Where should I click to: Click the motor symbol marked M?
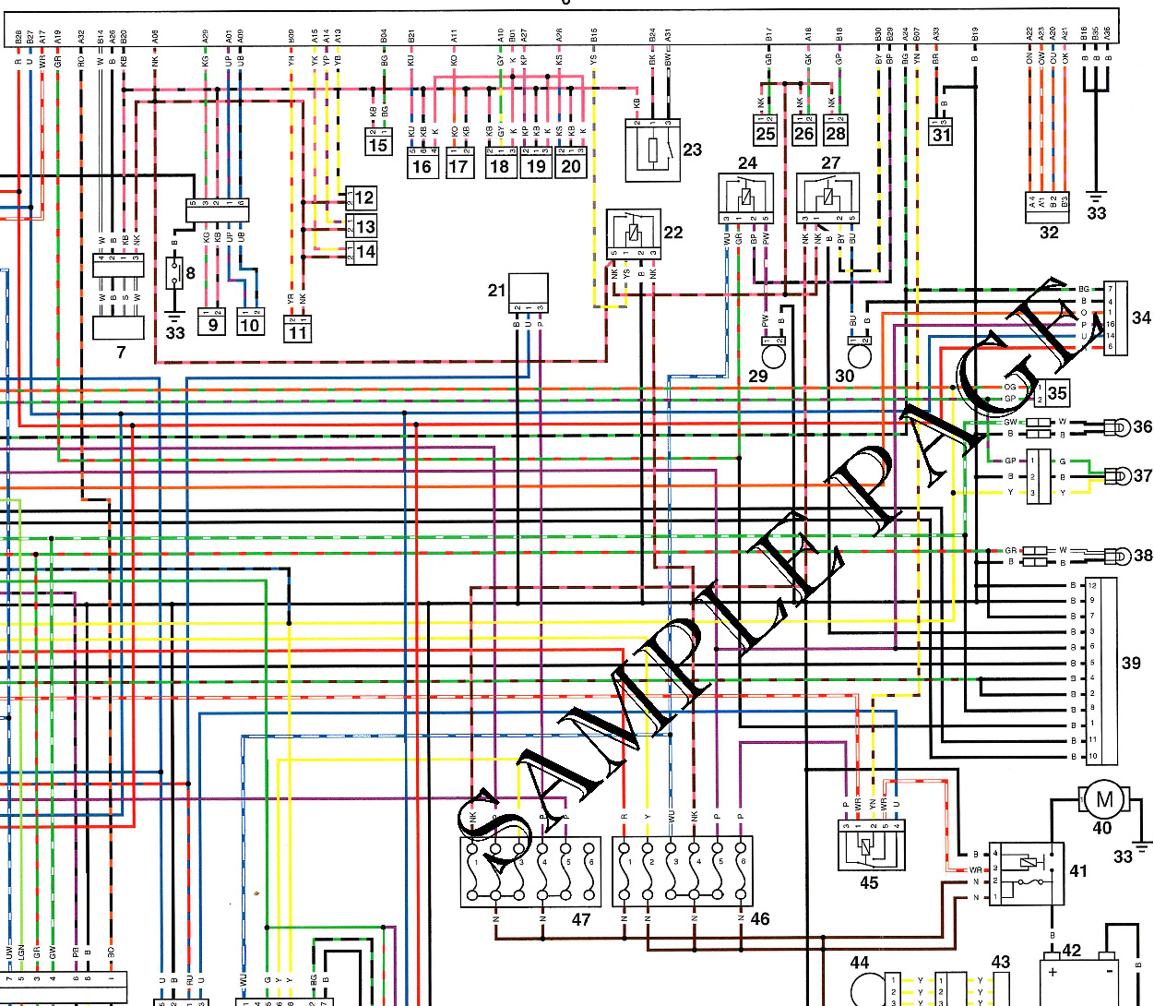(x=1103, y=799)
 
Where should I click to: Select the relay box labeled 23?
(x=652, y=150)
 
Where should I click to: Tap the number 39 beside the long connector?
(x=1131, y=663)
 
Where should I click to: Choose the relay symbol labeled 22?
(x=633, y=234)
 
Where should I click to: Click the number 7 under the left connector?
(x=121, y=352)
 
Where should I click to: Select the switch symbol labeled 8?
(x=173, y=273)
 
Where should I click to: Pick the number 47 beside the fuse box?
(x=580, y=919)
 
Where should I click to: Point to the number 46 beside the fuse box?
(x=759, y=918)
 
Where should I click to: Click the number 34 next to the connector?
(x=1141, y=317)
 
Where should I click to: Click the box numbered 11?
(x=298, y=328)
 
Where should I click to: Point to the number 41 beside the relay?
(x=1078, y=870)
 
